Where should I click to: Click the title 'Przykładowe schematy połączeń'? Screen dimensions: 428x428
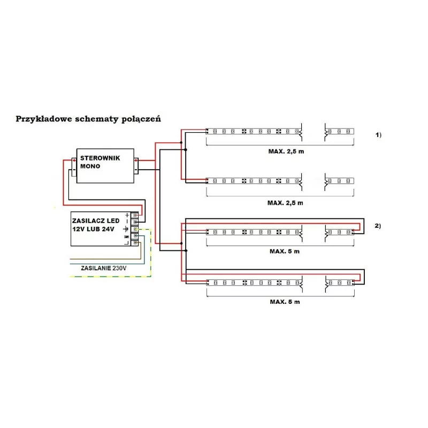click(88, 119)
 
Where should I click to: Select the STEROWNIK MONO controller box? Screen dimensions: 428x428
click(105, 166)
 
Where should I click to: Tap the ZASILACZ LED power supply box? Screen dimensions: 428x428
click(101, 229)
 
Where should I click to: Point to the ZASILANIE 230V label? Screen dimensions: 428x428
click(104, 268)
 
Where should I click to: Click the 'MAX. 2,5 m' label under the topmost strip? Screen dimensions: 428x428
click(286, 151)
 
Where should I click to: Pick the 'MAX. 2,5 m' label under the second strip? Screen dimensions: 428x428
click(285, 203)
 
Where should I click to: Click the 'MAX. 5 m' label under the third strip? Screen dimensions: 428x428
click(285, 251)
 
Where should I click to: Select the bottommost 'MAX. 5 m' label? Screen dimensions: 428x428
click(285, 302)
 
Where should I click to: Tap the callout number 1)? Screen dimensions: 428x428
click(378, 135)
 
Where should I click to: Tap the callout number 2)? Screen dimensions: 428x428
click(378, 226)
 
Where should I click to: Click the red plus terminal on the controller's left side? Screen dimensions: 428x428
click(74, 160)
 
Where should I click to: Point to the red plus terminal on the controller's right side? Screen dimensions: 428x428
click(136, 160)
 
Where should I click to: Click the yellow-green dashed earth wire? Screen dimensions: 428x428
click(151, 253)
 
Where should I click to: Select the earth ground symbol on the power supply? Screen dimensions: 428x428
click(126, 229)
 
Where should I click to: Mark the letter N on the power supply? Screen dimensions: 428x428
click(126, 237)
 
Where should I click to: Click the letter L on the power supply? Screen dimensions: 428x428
click(126, 243)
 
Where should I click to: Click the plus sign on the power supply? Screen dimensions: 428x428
click(127, 216)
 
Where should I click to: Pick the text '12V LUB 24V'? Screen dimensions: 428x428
click(93, 229)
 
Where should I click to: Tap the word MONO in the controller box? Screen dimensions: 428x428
click(90, 166)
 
